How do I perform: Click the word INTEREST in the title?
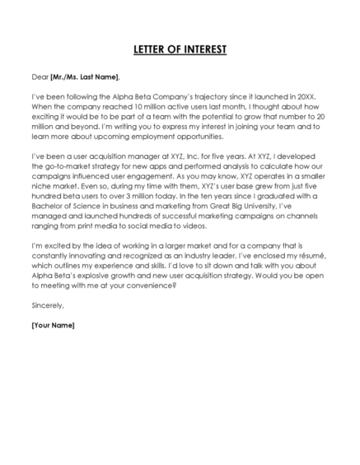(x=202, y=49)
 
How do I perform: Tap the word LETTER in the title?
(x=152, y=49)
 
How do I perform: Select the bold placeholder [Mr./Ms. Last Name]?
(x=85, y=77)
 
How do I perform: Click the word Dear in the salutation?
(x=40, y=77)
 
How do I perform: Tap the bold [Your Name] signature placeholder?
(x=53, y=324)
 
